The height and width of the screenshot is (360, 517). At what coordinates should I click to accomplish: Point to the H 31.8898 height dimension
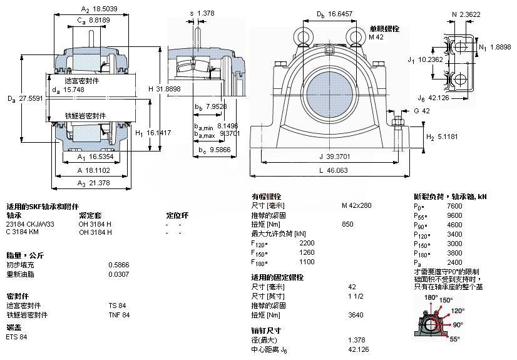coord(165,88)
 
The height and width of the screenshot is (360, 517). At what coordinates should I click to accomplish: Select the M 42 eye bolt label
coord(375,38)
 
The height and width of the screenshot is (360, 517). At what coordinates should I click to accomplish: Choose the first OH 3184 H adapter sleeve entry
coord(95,224)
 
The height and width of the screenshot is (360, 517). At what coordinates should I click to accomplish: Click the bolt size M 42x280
coord(356,205)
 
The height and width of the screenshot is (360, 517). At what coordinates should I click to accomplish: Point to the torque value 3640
coord(355,315)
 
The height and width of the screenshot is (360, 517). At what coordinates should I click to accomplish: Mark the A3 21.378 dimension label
coord(93,183)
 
